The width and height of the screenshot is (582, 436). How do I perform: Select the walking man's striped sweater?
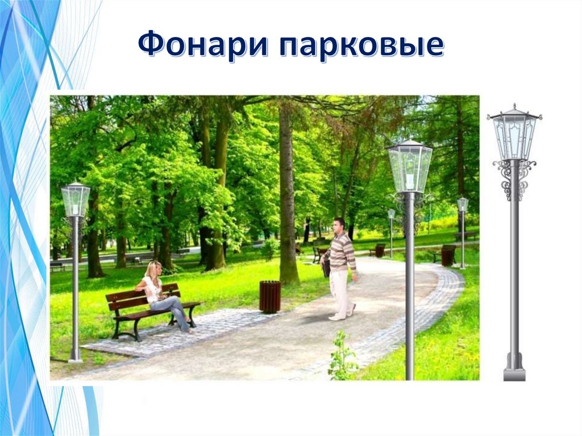[342, 251]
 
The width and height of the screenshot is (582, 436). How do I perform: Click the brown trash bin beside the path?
[270, 296]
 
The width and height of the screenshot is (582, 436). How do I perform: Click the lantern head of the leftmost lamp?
[76, 200]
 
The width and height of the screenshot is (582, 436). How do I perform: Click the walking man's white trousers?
[341, 293]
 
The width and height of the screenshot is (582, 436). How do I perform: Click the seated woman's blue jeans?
[173, 310]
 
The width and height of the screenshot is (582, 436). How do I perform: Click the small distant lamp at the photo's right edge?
[463, 205]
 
